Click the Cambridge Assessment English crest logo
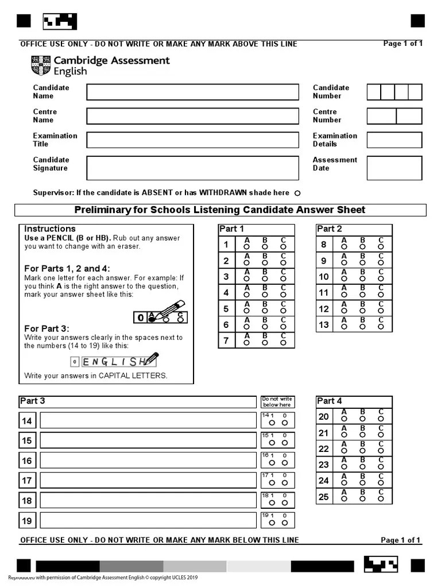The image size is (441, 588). point(41,65)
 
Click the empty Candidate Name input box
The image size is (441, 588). point(192,92)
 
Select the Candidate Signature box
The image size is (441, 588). point(192,168)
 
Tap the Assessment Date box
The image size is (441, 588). point(394,168)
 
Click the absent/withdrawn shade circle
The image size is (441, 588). point(297,194)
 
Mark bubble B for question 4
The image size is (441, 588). point(265,295)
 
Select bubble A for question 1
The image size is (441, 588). point(247,247)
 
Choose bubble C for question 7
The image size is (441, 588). point(283,343)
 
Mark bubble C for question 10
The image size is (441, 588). point(381,278)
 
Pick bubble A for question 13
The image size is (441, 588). point(344,326)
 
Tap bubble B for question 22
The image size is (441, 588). point(362,451)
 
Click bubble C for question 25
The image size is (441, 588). point(381,498)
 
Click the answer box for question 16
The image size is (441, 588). point(148,461)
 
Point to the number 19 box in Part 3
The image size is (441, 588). point(27,521)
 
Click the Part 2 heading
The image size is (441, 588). point(329,229)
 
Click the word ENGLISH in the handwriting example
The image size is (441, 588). point(114,362)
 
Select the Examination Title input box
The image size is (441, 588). point(192,140)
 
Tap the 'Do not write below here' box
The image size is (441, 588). point(277,401)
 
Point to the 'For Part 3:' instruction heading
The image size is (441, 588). point(47,328)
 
